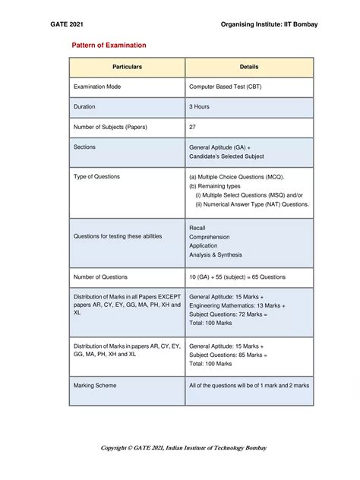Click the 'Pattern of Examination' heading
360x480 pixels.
(x=109, y=46)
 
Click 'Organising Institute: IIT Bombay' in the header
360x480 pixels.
(x=269, y=25)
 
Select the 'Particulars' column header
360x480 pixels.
(x=127, y=68)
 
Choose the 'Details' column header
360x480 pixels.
(x=249, y=68)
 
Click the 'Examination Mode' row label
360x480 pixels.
(x=97, y=87)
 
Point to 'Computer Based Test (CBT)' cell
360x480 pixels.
(x=229, y=87)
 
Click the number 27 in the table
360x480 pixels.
(x=193, y=127)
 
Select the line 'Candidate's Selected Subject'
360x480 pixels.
(x=226, y=156)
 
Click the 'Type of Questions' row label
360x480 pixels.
(x=96, y=176)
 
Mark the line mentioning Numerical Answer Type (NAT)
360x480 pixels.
(x=252, y=204)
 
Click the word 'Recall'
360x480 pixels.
(x=197, y=228)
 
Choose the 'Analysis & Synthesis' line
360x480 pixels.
(x=216, y=255)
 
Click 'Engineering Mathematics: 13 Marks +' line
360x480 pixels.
(x=237, y=305)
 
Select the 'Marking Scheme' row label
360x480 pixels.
(x=95, y=386)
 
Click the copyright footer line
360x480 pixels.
(x=184, y=447)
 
